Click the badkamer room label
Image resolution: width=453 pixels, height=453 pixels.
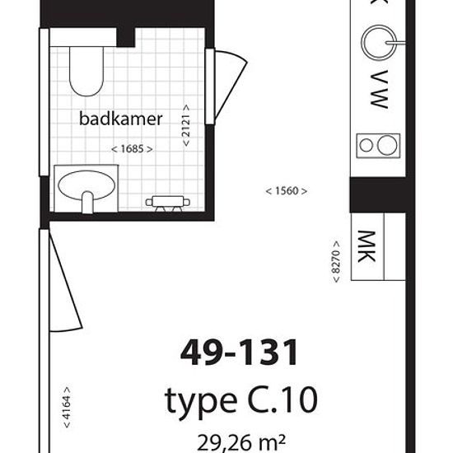click(121, 119)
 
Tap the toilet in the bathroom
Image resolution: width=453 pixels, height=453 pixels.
click(86, 72)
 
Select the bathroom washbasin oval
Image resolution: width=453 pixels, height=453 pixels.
click(86, 185)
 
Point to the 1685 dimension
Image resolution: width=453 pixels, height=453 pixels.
click(132, 149)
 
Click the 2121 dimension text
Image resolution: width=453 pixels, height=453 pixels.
click(186, 125)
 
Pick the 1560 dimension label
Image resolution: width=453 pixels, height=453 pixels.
click(286, 191)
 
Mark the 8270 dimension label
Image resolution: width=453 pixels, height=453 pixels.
click(336, 261)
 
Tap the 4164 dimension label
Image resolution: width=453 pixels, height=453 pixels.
click(67, 408)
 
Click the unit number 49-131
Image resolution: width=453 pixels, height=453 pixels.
click(239, 353)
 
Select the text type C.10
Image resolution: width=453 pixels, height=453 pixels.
click(241, 401)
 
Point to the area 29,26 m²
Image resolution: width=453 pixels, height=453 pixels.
click(241, 442)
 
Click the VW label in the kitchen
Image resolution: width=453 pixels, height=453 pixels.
click(379, 89)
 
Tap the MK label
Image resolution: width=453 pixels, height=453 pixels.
click(367, 246)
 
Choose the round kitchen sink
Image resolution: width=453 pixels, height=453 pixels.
click(379, 43)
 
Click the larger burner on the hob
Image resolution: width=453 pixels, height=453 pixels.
click(387, 145)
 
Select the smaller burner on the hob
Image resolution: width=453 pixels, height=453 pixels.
click(366, 145)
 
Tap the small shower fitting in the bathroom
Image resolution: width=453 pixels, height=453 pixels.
click(167, 203)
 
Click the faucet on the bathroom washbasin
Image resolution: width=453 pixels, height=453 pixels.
click(87, 202)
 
